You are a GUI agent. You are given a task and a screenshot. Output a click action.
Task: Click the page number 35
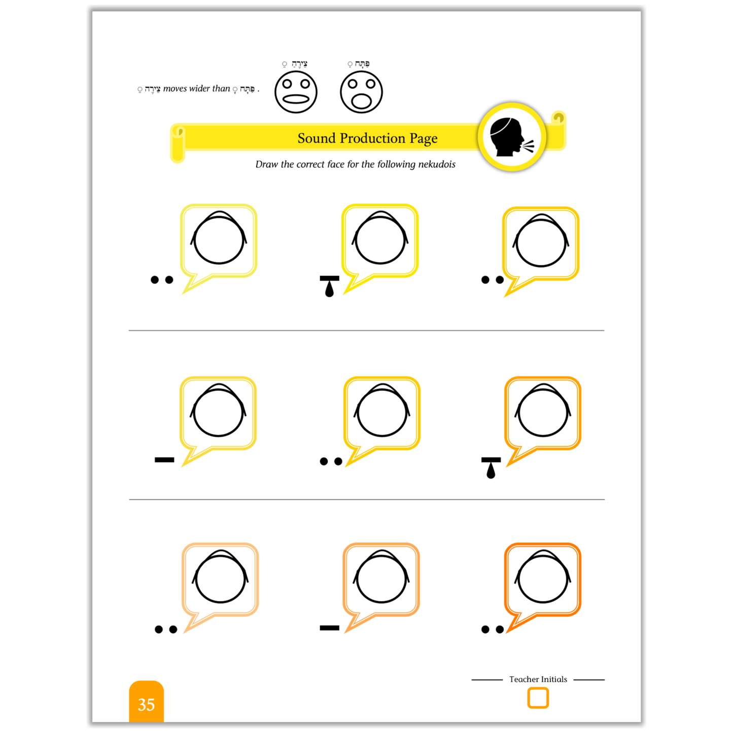pos(146,705)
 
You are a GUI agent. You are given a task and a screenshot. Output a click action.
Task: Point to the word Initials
pos(553,679)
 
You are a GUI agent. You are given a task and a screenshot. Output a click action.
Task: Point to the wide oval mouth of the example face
pos(296,99)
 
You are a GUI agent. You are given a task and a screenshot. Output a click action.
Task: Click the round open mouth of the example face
pos(361,100)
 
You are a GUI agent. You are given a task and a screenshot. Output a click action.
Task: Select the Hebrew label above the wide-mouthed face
pos(295,63)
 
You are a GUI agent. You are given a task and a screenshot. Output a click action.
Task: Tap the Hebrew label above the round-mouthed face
pos(359,63)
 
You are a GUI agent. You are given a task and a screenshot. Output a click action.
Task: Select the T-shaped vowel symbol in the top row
pos(329,286)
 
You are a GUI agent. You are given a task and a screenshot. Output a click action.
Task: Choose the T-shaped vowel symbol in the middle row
pos(491,468)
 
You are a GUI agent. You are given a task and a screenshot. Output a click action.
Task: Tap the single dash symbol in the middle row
pos(164,460)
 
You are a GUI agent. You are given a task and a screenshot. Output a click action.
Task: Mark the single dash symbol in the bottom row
pos(329,627)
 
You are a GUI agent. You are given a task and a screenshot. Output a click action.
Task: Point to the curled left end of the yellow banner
pos(178,144)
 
